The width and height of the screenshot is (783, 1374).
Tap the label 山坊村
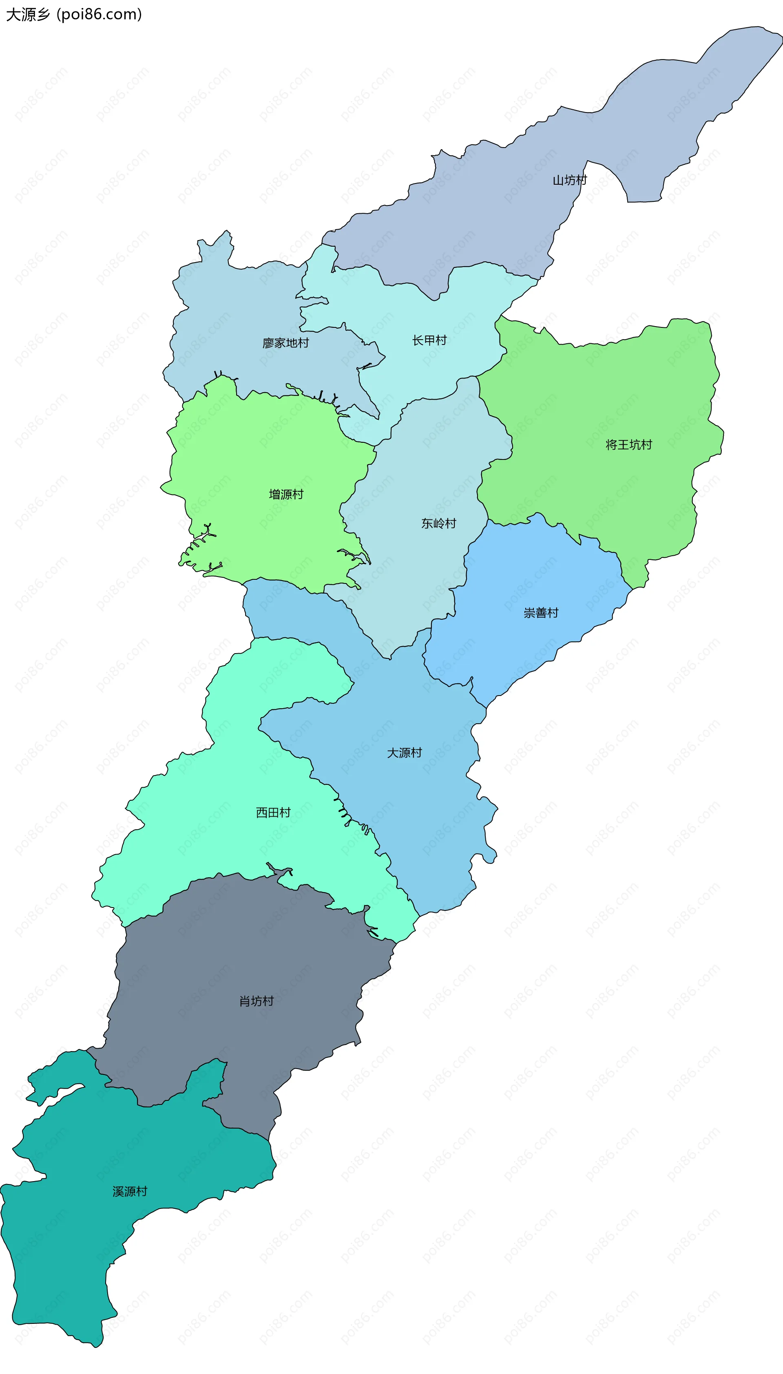[x=569, y=180]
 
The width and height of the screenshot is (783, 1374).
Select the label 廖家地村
[x=285, y=343]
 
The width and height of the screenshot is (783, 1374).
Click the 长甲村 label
[x=429, y=340]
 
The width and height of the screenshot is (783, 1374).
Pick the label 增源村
[x=286, y=494]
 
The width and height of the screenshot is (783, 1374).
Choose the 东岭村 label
[x=438, y=523]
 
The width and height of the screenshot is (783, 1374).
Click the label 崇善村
[x=541, y=613]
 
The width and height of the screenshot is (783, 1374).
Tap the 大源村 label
[x=405, y=753]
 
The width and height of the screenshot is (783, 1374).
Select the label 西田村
[x=273, y=812]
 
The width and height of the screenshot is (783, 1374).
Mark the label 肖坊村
[x=257, y=1001]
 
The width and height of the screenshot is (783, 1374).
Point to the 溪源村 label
[x=130, y=1191]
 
